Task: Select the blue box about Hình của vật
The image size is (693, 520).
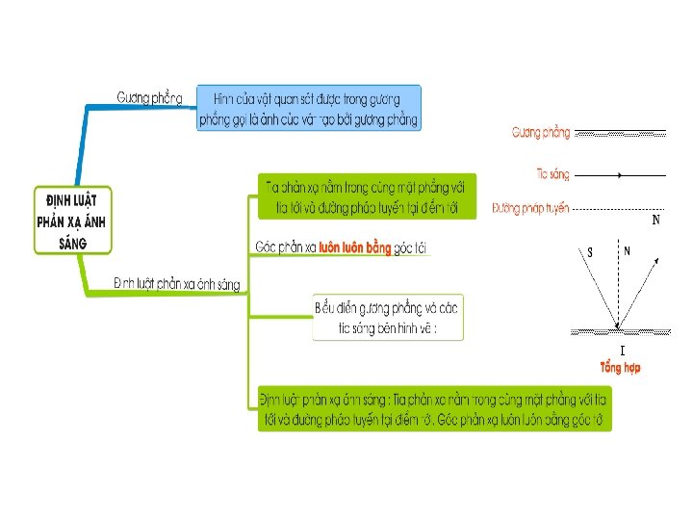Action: [x=308, y=108]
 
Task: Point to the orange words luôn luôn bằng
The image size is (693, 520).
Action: [x=355, y=247]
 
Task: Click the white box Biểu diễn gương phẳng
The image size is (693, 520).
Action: [x=388, y=317]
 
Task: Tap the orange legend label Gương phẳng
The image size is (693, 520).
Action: [x=541, y=131]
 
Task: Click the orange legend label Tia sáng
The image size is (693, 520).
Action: [x=552, y=174]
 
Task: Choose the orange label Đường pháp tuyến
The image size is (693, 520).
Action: [x=530, y=207]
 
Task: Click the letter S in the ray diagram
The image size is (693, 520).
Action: [x=590, y=253]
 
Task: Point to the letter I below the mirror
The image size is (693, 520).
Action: [x=622, y=350]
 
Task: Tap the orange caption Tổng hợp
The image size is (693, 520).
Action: [x=620, y=367]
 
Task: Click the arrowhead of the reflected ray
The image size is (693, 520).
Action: [x=657, y=260]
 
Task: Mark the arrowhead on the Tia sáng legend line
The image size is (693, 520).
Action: [x=621, y=175]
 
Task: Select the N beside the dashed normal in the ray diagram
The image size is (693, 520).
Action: [x=627, y=250]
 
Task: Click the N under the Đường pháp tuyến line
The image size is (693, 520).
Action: [x=655, y=220]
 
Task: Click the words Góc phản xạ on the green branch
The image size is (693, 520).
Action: [x=286, y=247]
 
